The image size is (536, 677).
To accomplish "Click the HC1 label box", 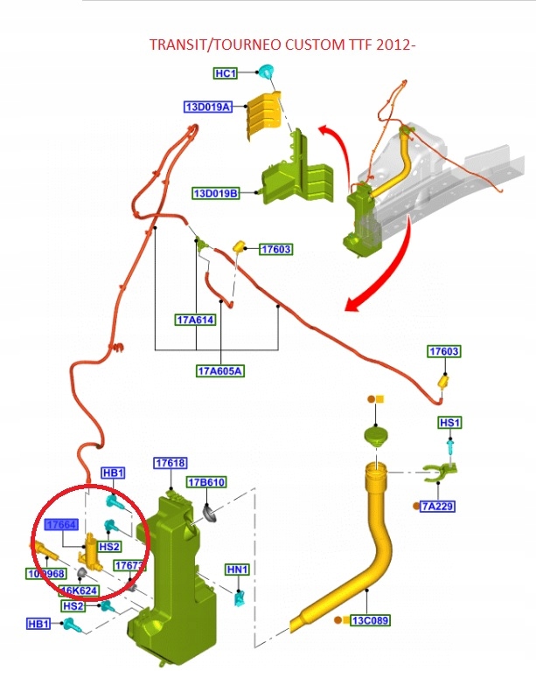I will click(x=226, y=73).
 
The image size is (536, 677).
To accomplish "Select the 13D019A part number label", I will click(x=207, y=107).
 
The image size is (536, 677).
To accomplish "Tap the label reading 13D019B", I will click(x=215, y=192).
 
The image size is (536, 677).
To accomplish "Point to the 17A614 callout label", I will click(x=195, y=321).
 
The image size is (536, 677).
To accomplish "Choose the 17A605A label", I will click(x=219, y=370).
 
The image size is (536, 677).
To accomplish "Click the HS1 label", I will click(x=449, y=423).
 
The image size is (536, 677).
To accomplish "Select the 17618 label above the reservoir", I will click(x=171, y=463).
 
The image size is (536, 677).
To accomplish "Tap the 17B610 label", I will click(x=206, y=482).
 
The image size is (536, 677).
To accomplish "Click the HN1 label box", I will click(x=238, y=570).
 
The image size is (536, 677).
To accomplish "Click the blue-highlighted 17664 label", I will click(x=62, y=524).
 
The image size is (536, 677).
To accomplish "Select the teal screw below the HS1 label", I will click(x=449, y=446).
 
